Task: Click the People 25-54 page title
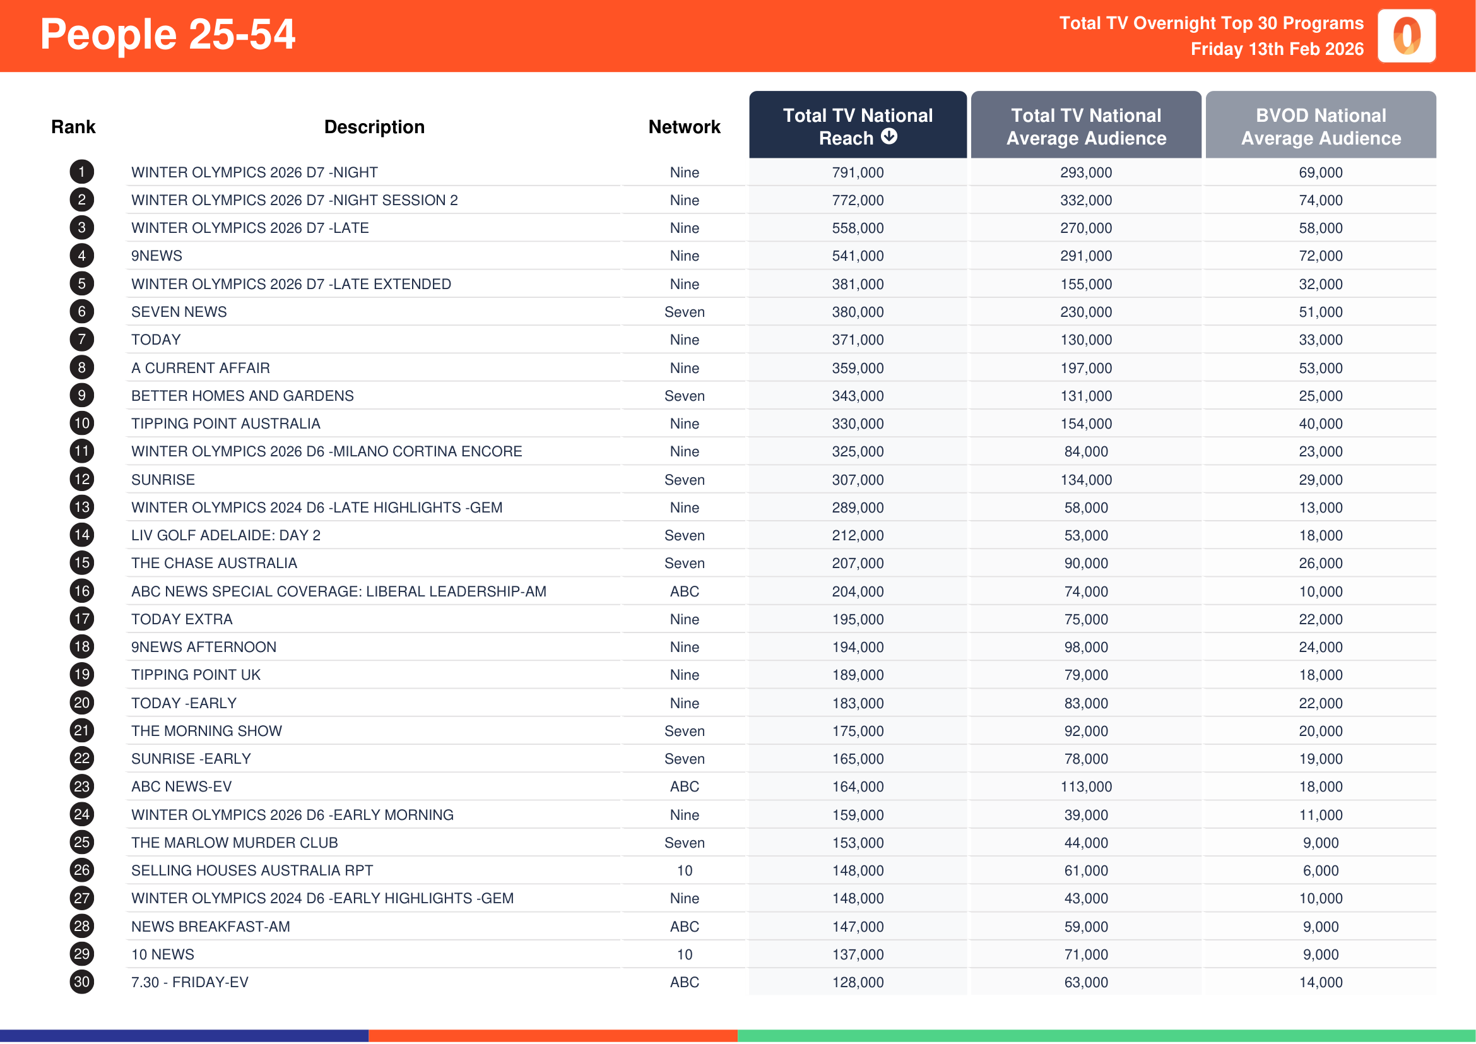167,35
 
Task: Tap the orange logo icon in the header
1406,36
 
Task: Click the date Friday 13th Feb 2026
1276,49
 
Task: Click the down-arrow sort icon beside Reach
889,137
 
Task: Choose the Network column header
684,128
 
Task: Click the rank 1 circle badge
81,172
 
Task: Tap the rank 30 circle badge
81,982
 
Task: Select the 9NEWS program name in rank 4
157,256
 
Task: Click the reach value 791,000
858,172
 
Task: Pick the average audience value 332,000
1086,201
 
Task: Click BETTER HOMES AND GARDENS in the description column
242,396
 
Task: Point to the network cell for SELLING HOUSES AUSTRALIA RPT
684,870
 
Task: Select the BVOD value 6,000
1320,870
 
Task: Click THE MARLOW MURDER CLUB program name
235,843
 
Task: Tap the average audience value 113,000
1086,787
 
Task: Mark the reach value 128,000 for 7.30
858,982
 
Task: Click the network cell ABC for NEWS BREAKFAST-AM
684,927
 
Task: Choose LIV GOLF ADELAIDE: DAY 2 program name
226,535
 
